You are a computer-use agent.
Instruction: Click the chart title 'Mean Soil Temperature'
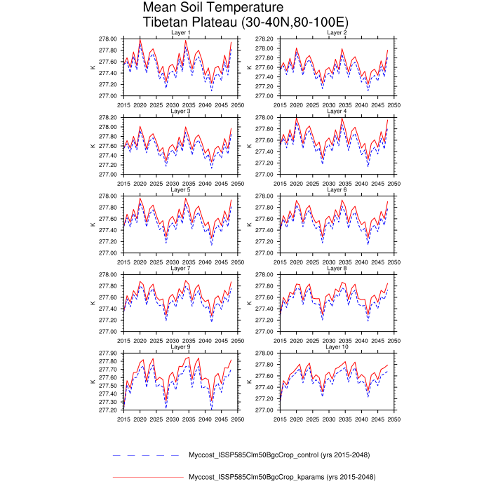204,8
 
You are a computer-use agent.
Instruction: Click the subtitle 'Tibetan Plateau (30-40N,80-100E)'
236,22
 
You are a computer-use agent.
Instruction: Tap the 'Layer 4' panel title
337,112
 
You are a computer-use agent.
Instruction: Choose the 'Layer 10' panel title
337,347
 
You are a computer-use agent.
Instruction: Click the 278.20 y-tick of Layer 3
109,117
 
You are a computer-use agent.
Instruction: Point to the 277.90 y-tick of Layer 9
109,353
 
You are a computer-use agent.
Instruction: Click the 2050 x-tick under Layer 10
394,419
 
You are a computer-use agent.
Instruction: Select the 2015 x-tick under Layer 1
124,105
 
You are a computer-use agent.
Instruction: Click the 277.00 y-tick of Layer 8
265,332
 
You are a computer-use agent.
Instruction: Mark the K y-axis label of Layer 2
250,67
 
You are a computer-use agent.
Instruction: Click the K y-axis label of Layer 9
93,382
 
